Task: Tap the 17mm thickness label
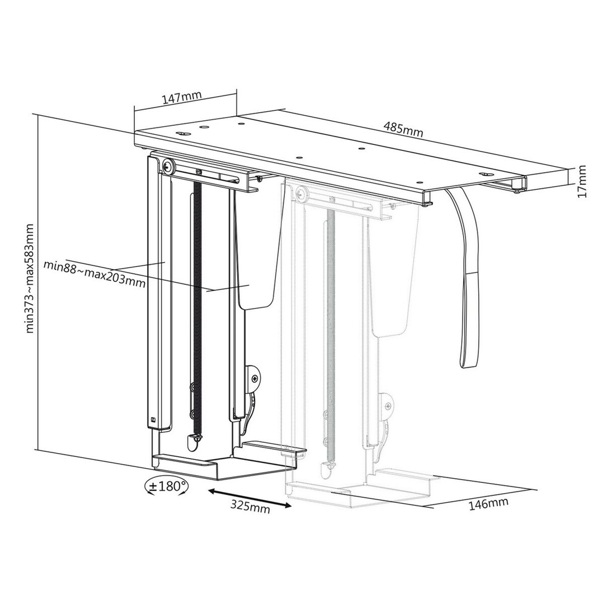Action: [582, 181]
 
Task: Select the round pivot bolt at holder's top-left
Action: [168, 167]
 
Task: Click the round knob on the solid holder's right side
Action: [256, 376]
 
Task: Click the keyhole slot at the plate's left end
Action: [182, 133]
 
